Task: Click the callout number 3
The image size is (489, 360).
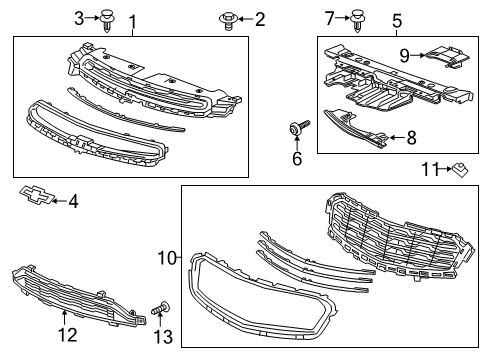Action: click(x=79, y=18)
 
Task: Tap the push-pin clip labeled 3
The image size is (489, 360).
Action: click(x=107, y=21)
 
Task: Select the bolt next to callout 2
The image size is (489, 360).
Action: click(x=228, y=20)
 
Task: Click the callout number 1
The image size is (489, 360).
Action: click(x=133, y=22)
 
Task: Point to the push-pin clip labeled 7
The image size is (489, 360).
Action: click(x=357, y=21)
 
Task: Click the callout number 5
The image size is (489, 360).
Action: click(x=397, y=21)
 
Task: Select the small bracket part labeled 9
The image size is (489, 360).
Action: click(x=448, y=57)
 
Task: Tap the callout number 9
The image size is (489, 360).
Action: click(x=405, y=55)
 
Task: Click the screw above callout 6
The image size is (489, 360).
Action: click(x=299, y=128)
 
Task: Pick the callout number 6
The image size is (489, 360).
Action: click(x=297, y=158)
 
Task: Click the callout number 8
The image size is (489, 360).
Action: click(x=412, y=137)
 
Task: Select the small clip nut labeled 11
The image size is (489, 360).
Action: click(x=460, y=170)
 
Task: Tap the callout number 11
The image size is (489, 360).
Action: click(x=431, y=169)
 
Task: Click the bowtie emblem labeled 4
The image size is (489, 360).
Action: click(x=36, y=195)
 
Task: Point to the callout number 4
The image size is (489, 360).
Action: click(x=73, y=201)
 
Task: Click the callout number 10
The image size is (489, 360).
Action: click(x=167, y=258)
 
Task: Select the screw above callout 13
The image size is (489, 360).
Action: click(x=161, y=308)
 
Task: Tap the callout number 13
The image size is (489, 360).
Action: click(x=163, y=337)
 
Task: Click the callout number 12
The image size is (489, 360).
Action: click(x=68, y=335)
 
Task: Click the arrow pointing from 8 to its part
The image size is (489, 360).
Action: click(x=397, y=137)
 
